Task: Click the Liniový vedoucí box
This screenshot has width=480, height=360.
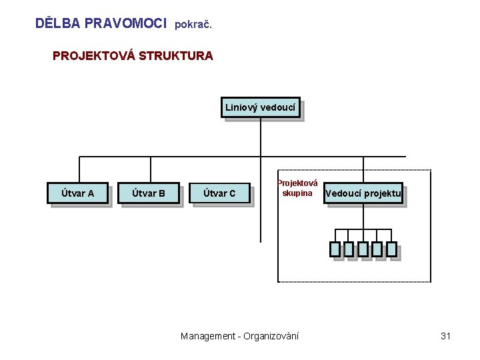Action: (261, 107)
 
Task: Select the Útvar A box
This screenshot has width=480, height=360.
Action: (77, 194)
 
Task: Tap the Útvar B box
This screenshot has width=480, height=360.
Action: (149, 194)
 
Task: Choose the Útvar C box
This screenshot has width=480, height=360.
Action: (219, 194)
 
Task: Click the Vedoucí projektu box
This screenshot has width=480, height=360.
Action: (363, 194)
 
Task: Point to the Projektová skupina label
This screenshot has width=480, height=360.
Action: (297, 189)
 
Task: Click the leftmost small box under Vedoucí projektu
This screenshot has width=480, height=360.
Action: (335, 249)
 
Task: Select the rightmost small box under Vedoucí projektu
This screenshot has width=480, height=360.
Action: (391, 249)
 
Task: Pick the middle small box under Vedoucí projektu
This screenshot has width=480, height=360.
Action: (363, 249)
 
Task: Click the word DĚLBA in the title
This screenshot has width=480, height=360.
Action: (58, 23)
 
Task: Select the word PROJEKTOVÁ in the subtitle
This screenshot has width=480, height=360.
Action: (93, 56)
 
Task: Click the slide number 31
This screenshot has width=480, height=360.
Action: (446, 336)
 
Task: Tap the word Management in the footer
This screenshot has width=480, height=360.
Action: (207, 336)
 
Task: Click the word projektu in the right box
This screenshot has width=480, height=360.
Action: (383, 194)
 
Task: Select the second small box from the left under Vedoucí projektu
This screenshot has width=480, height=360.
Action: (349, 249)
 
